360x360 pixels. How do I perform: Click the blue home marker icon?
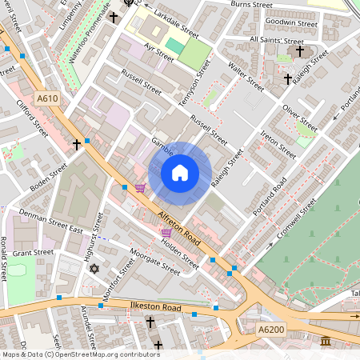click(180, 173)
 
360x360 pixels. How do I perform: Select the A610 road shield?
click(47, 98)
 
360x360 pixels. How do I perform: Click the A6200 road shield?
click(271, 329)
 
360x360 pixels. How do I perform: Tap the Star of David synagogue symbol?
click(94, 269)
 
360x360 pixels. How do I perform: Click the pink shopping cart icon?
click(140, 188)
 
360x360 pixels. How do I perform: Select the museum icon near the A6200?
click(326, 342)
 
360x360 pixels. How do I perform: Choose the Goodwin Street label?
click(294, 24)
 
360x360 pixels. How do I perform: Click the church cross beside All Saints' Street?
click(300, 51)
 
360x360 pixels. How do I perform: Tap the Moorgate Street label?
click(154, 266)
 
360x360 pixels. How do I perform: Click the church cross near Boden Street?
click(78, 145)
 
